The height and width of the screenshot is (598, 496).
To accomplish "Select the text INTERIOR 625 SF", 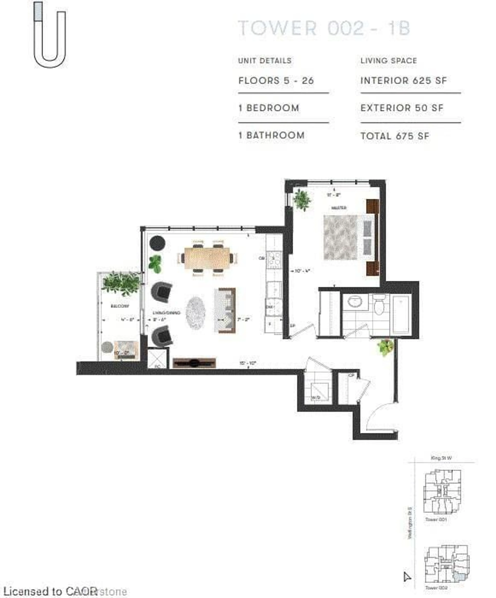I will (404, 81).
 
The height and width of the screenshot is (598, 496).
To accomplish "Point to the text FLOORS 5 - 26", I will (276, 81).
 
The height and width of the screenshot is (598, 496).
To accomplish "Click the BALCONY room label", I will (120, 306).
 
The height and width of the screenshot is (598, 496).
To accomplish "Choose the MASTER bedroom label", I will (339, 208).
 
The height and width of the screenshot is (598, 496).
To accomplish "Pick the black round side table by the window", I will (157, 243).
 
